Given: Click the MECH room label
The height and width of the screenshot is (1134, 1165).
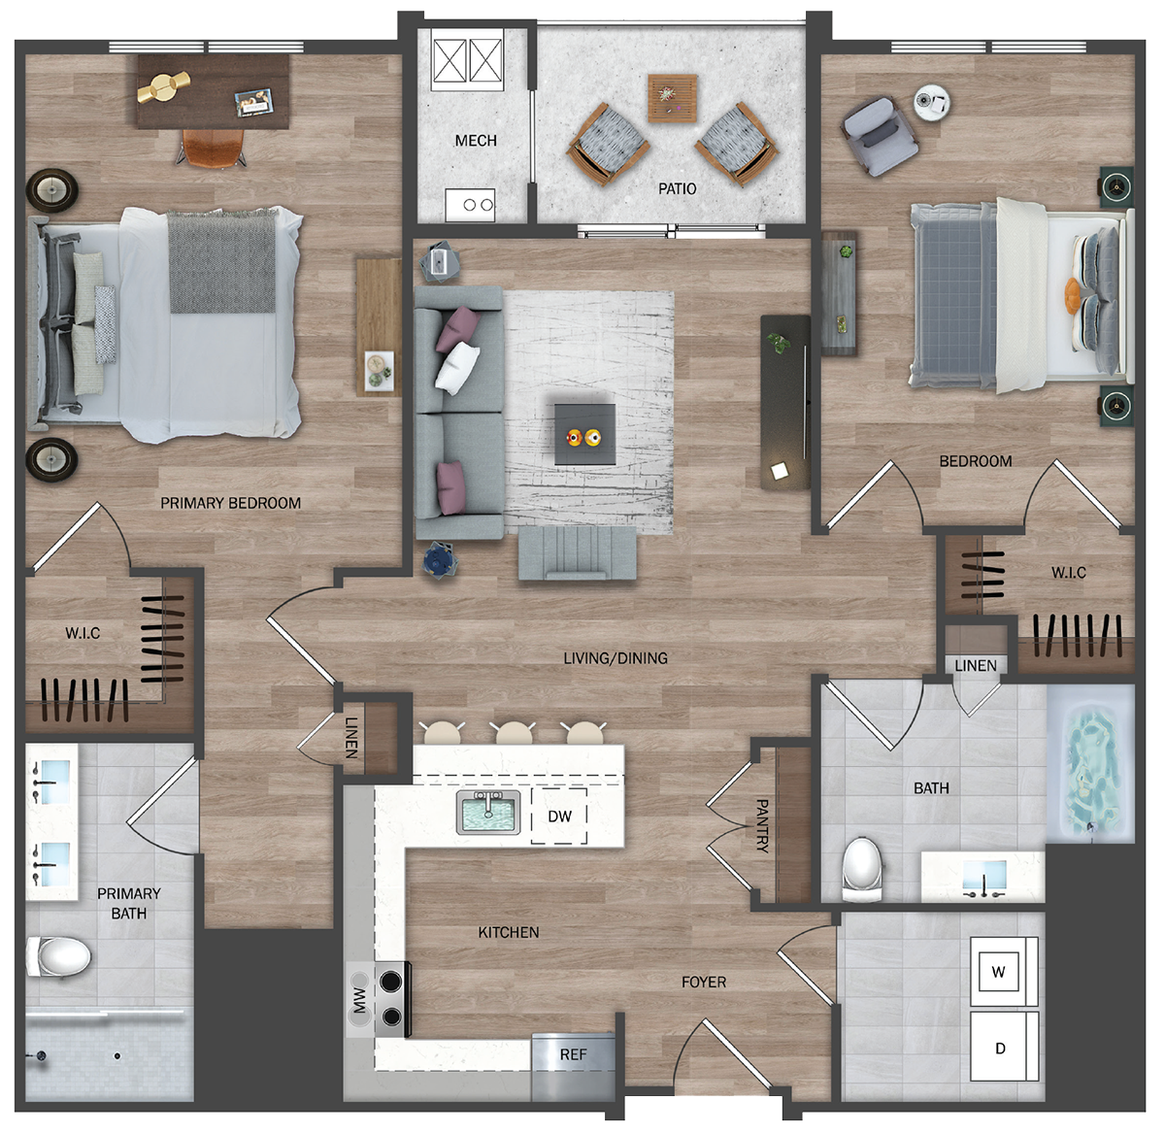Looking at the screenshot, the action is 476,141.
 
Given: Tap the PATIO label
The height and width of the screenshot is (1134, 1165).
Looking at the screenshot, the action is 677,189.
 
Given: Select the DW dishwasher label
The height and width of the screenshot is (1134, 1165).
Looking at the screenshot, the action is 560,817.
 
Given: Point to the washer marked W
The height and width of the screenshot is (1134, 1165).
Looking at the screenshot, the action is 1004,971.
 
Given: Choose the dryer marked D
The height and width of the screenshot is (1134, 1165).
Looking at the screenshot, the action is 1004,1048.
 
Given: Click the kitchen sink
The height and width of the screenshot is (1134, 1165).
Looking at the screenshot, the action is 488,813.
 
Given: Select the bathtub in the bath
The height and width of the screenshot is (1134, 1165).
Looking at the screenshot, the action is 1090,765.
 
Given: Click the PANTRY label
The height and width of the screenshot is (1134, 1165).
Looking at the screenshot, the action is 762,825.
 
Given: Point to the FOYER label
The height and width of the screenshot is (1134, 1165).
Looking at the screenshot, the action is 704,982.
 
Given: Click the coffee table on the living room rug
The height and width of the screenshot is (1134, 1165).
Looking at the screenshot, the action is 584,434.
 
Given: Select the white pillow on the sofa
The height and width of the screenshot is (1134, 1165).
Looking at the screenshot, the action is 457,367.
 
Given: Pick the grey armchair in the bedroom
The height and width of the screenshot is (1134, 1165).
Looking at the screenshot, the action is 879,137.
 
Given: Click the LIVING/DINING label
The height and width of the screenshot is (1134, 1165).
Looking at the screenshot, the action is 616,658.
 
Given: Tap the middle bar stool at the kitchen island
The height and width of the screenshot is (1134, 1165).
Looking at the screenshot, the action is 514,733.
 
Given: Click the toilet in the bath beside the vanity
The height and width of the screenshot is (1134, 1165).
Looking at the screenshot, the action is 862,868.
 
